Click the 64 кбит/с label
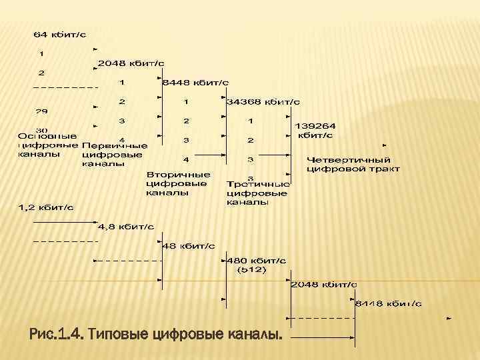59,33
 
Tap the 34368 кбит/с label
263,102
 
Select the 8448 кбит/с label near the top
195,83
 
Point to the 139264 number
315,125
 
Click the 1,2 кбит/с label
45,208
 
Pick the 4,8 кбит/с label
126,227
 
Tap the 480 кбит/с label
257,260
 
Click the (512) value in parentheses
251,270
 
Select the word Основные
47,136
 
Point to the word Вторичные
178,174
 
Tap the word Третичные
258,183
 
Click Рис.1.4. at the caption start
57,333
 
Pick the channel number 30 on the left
41,130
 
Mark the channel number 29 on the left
41,111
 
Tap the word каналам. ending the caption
251,333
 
